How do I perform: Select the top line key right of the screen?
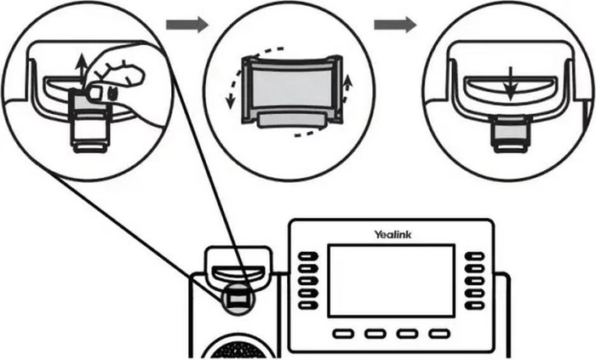click(x=474, y=255)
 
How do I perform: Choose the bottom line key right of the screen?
click(x=474, y=304)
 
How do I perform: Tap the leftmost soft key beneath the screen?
click(x=344, y=333)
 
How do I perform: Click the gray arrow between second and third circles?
click(x=395, y=24)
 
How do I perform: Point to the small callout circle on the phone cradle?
click(x=238, y=297)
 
